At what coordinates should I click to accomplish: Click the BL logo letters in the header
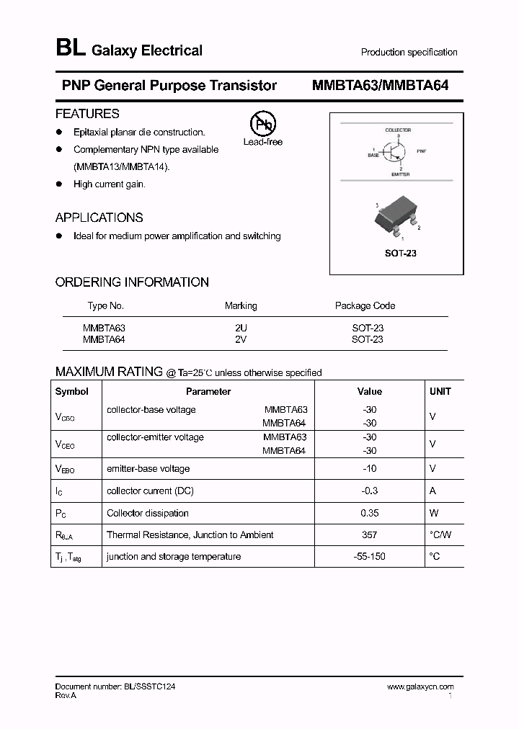(x=71, y=49)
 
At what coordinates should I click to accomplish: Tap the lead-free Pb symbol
(x=262, y=125)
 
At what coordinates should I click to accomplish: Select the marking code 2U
(x=241, y=328)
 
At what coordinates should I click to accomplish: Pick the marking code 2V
(x=241, y=339)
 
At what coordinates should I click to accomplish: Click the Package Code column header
(x=365, y=305)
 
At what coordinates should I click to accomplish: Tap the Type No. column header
(x=106, y=305)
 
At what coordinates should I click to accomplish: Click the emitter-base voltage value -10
(x=370, y=468)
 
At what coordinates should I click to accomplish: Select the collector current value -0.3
(x=370, y=491)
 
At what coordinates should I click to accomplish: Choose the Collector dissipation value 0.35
(x=370, y=513)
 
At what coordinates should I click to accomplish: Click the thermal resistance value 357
(x=370, y=535)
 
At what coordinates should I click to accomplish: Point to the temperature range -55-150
(x=370, y=556)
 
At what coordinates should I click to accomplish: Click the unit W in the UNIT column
(x=432, y=513)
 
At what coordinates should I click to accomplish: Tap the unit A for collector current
(x=432, y=491)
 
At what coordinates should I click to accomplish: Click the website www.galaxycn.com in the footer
(x=420, y=687)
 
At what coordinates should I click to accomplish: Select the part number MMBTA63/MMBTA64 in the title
(x=380, y=86)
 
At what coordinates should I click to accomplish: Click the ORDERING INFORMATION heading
(x=132, y=282)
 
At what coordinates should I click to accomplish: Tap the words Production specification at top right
(x=409, y=52)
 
